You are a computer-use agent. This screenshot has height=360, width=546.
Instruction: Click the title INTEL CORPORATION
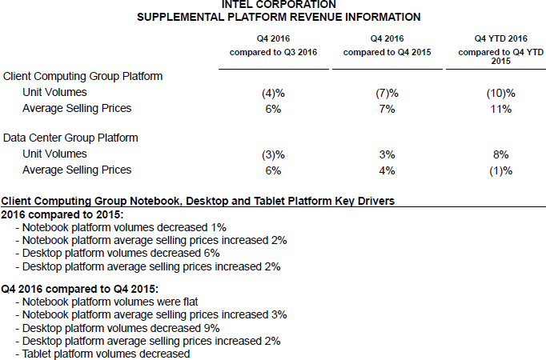pos(273,5)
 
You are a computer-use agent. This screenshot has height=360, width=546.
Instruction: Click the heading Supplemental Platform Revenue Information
pos(273,16)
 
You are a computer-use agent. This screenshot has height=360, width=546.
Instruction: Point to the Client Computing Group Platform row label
pos(83,77)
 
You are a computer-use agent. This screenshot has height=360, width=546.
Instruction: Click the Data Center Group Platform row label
pos(70,138)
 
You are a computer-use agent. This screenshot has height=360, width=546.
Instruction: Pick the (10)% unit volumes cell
pos(500,93)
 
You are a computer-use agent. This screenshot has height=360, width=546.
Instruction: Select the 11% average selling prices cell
pos(501,109)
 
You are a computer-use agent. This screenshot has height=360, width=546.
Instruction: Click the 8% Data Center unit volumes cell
pos(501,154)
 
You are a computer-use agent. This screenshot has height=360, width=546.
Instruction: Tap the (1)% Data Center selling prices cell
pos(500,170)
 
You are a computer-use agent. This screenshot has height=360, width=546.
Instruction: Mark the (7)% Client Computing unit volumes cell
pos(387,93)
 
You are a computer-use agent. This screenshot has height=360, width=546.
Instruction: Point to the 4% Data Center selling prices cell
pos(387,170)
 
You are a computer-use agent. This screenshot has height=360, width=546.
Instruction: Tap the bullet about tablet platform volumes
pos(106,353)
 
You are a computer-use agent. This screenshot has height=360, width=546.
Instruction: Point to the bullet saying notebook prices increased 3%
pos(153,315)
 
